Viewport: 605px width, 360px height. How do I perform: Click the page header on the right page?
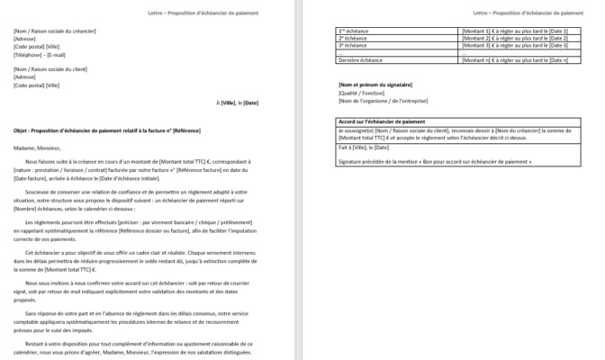(x=531, y=14)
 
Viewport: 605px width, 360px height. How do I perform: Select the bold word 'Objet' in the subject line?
(x=22, y=130)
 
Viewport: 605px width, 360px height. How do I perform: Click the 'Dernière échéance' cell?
(x=358, y=59)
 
